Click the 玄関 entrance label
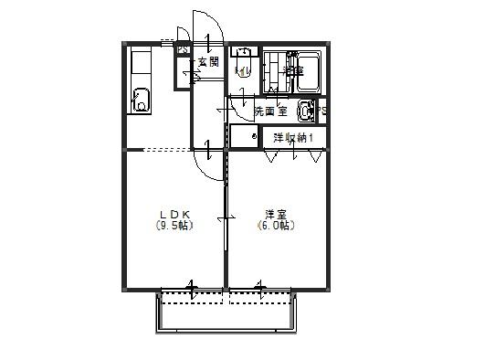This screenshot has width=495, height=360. [x=208, y=62]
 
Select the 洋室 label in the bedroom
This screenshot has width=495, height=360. [x=274, y=215]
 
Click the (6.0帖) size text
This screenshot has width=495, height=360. [x=274, y=226]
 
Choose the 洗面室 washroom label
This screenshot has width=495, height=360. [x=270, y=111]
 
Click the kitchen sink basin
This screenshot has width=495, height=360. [x=142, y=99]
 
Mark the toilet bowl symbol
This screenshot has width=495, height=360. [x=243, y=73]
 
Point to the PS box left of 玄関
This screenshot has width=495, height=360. [x=183, y=49]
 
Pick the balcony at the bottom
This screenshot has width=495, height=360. [x=226, y=312]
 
